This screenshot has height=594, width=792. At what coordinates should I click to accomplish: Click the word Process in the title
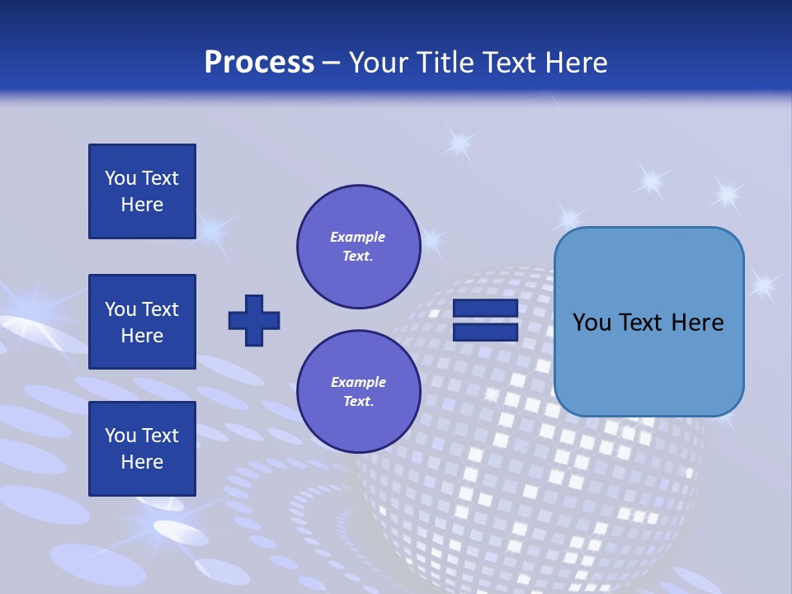(x=259, y=63)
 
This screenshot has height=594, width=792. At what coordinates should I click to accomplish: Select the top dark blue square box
(x=142, y=191)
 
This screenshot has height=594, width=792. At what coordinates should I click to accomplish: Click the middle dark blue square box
(x=142, y=322)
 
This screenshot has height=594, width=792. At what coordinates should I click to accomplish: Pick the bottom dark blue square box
(x=142, y=449)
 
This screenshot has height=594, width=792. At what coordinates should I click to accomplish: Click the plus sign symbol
(x=254, y=320)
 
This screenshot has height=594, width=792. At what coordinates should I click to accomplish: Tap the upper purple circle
(x=358, y=247)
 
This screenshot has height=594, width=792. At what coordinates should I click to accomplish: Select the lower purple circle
(x=358, y=392)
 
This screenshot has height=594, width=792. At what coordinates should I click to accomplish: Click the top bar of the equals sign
(x=485, y=309)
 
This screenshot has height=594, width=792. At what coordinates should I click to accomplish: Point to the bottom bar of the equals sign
(x=485, y=332)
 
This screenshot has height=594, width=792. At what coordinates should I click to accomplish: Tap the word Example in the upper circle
(x=358, y=238)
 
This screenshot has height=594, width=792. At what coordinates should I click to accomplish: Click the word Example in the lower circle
(x=358, y=383)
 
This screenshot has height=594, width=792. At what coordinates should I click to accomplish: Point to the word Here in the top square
(x=142, y=205)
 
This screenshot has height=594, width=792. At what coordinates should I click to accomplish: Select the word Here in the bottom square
(x=142, y=462)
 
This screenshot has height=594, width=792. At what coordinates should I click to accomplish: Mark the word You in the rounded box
(x=592, y=323)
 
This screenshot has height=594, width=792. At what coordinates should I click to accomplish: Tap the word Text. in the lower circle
(x=358, y=402)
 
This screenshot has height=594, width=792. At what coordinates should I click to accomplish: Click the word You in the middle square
(x=120, y=309)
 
